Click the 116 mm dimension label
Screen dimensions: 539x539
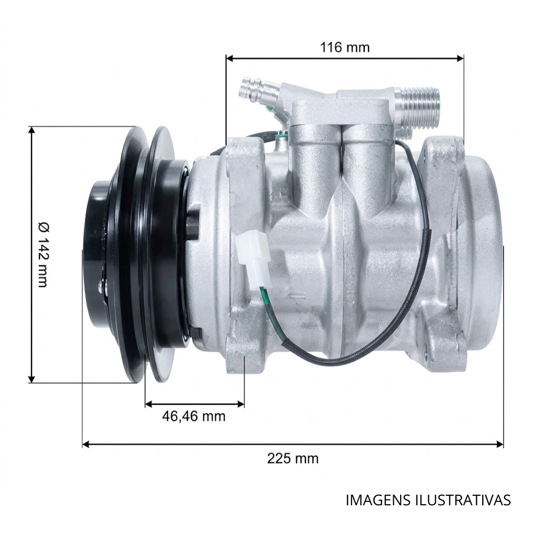click(345, 47)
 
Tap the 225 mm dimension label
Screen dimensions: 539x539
click(293, 458)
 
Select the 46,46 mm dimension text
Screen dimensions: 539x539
click(194, 416)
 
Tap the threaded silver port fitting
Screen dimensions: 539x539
click(417, 107)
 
